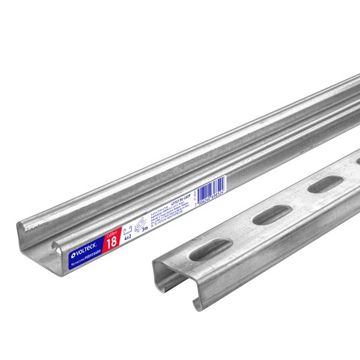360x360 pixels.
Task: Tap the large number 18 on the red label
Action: (112, 241)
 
